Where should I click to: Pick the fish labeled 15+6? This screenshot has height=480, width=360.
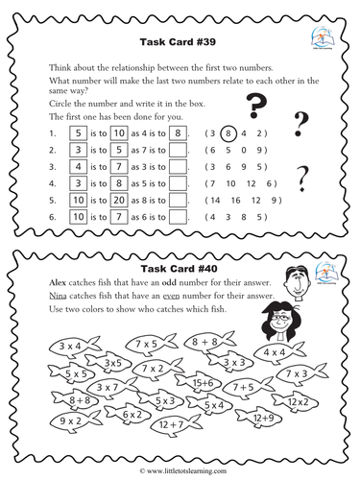[229, 382]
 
